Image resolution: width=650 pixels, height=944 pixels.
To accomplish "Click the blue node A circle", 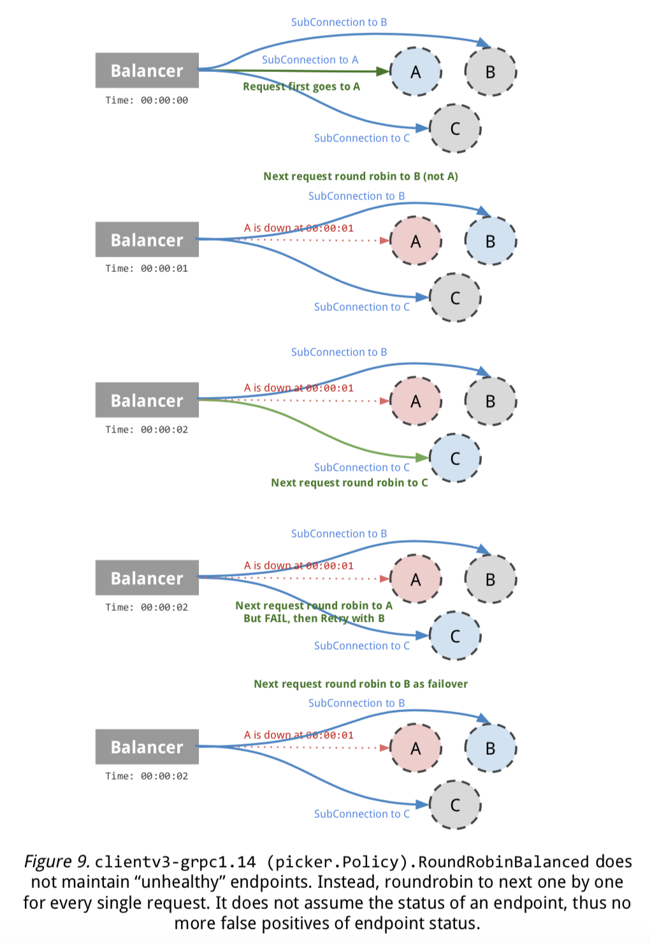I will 415,71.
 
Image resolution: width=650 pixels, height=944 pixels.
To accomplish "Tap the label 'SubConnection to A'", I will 310,59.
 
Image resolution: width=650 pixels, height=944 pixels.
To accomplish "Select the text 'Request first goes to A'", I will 301,87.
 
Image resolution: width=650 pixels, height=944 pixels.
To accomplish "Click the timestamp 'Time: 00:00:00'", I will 147,100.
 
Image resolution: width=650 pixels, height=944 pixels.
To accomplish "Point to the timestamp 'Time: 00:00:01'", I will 147,268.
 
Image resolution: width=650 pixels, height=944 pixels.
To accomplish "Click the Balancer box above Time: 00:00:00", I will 147,70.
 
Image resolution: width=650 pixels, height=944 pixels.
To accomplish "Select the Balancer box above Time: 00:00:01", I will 147,240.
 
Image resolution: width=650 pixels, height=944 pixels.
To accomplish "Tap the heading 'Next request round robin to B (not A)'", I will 361,176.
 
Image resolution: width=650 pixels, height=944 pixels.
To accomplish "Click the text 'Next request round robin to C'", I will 349,482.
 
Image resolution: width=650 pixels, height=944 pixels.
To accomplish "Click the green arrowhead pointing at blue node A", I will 382,71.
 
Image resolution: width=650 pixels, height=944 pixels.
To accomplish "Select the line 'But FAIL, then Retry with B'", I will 314,618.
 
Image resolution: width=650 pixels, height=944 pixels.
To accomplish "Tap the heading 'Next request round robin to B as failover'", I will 361,683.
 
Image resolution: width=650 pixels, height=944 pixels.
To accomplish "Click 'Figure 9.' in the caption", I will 57,862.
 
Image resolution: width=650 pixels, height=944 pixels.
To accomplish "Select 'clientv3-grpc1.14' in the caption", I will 175,862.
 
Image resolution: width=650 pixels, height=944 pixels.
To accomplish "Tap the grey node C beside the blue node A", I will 455,129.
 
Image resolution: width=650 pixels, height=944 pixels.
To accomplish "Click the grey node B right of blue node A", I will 490,71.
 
